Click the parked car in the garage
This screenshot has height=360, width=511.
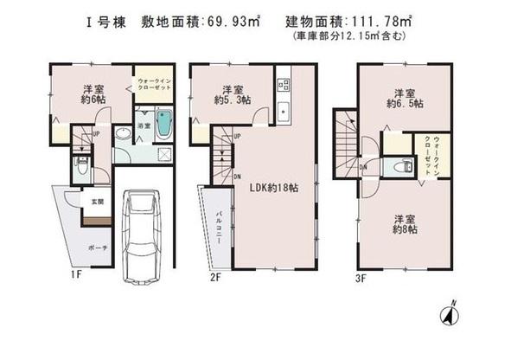[x=144, y=230]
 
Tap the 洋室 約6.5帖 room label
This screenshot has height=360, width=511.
[x=403, y=98]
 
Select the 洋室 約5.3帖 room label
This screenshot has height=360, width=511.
[x=233, y=94]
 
